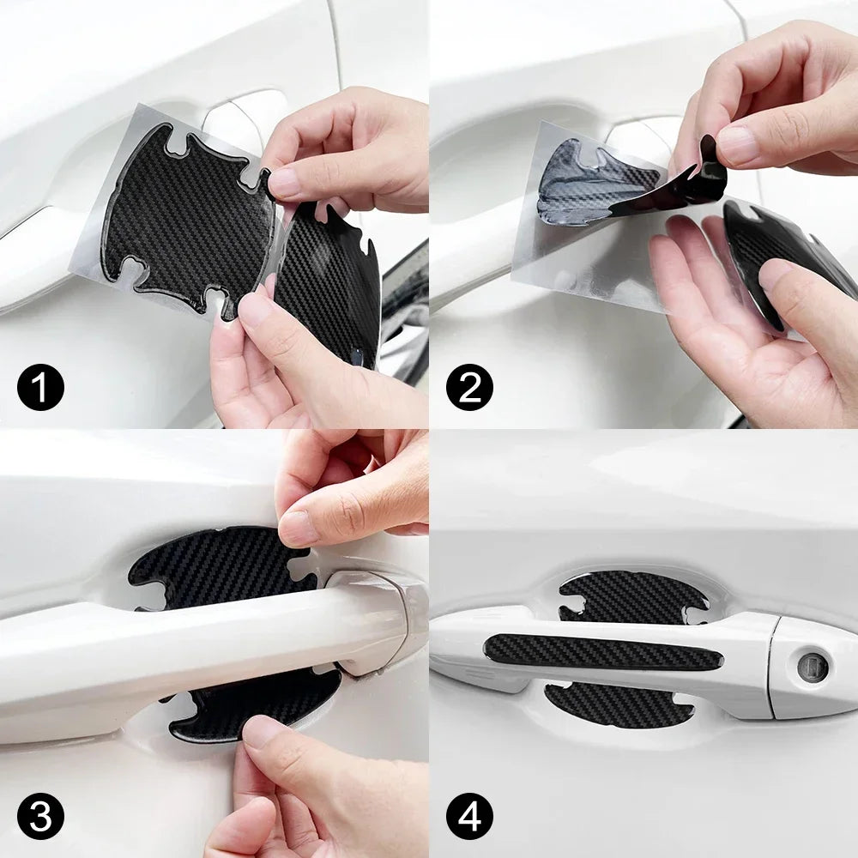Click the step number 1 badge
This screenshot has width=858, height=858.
40,387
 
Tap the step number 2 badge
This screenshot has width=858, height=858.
469,387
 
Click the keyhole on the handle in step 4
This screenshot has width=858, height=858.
812,667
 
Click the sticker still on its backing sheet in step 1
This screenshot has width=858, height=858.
184,219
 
